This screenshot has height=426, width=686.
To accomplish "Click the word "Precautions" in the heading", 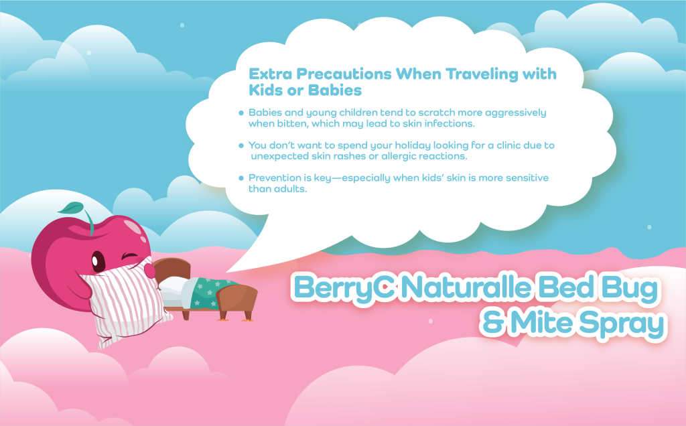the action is point(344,74).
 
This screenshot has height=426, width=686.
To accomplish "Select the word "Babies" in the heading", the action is point(335,90).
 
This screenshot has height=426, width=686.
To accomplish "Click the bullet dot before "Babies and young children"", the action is point(241,113).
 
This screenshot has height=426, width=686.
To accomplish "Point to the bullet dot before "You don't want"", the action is point(241,145).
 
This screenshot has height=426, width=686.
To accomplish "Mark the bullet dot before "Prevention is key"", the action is point(241,178).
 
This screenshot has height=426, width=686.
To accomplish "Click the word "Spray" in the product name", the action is point(621,325).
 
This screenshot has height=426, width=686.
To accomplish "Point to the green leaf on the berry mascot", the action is point(71,208).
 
